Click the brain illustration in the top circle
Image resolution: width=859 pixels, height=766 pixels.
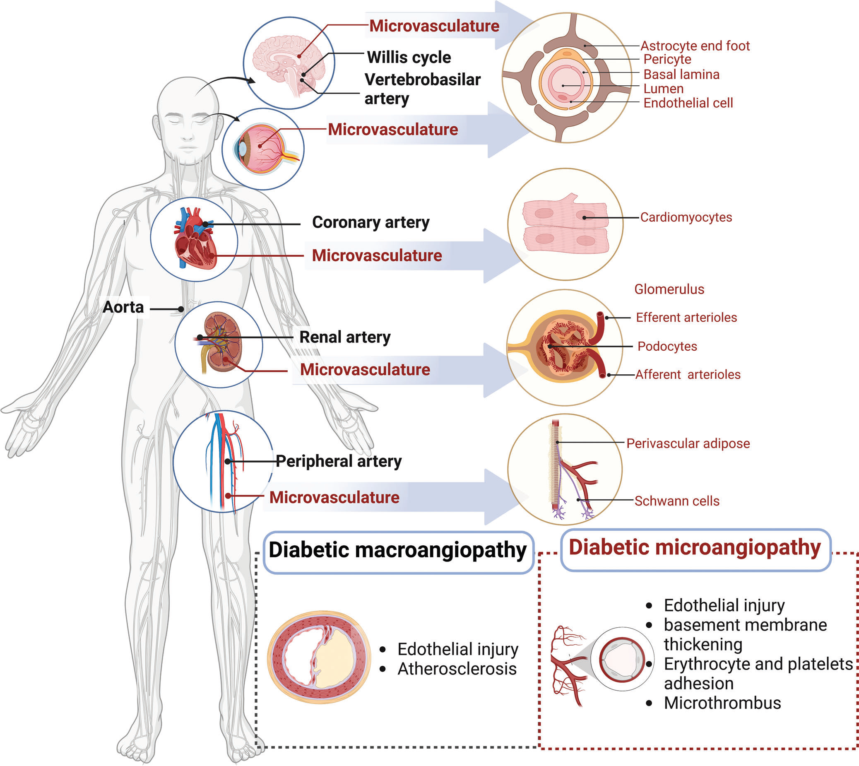286,63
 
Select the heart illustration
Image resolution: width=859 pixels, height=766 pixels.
195,239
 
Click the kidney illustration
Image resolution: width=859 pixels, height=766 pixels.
222,342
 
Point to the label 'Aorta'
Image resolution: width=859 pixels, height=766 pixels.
123,307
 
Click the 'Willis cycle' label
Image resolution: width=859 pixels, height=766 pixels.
409,57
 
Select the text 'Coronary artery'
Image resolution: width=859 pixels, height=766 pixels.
371,222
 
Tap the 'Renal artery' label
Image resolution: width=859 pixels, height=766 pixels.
345,337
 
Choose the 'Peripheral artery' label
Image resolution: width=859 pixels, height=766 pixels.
339,461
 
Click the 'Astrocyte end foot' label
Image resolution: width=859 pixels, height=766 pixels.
695,46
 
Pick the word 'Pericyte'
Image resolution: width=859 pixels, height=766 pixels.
667,59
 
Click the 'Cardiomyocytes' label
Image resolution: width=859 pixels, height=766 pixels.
686,217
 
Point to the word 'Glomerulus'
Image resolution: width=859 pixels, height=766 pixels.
669,289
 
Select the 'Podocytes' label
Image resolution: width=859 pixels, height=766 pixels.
667,347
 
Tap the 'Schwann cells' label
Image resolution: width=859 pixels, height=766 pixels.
677,501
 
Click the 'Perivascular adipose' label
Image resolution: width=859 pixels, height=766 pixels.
688,443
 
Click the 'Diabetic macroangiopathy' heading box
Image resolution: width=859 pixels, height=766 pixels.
398,552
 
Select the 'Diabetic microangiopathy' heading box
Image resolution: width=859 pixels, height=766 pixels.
695,548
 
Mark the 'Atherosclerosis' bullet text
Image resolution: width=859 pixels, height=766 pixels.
457,669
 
